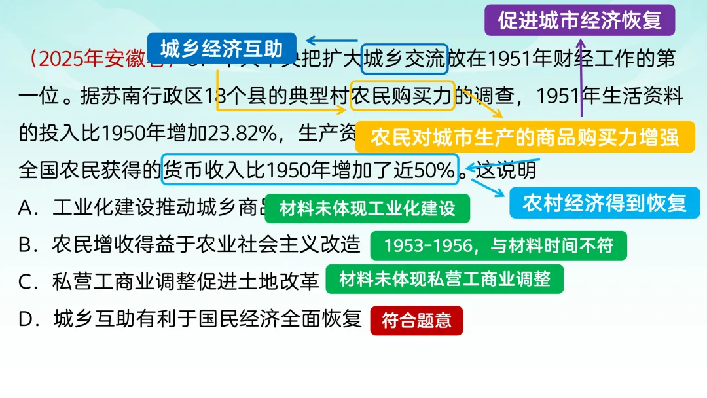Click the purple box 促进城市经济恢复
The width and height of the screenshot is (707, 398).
579,20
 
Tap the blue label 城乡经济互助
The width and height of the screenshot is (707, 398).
221,49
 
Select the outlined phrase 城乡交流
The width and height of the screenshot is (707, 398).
405,60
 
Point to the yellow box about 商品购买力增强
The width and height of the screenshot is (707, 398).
524,137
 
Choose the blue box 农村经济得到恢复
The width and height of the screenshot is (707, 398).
604,203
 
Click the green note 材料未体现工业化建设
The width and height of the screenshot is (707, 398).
367,209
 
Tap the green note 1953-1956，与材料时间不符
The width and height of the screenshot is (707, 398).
498,245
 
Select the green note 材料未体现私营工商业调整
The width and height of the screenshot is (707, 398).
444,279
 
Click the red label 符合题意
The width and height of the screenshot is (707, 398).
416,321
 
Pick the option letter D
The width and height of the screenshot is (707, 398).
26,319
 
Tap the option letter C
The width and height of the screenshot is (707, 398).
26,281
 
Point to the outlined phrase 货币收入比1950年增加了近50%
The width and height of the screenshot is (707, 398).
309,171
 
